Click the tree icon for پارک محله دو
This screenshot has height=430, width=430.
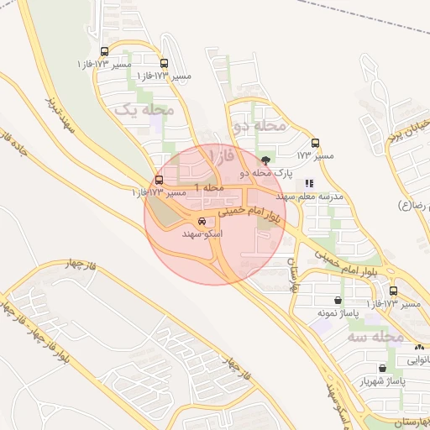[266, 160]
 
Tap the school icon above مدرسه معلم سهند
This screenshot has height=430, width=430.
[309, 183]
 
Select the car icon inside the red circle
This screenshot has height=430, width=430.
[202, 222]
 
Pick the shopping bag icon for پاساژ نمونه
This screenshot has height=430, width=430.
[338, 300]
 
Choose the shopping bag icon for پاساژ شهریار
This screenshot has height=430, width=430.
[383, 368]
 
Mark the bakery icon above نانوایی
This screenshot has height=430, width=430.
[418, 346]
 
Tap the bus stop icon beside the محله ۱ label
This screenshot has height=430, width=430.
[160, 180]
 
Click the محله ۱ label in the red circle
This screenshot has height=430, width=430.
[209, 186]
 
